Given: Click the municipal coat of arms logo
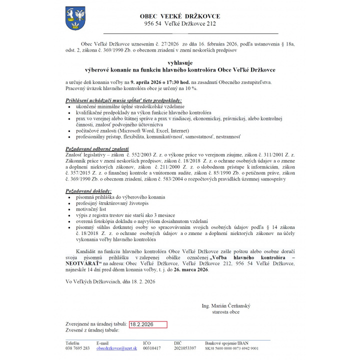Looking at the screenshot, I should click(x=75, y=18).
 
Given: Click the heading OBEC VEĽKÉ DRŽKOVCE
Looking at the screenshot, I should click(x=180, y=16).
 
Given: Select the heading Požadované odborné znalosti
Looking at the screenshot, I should click(x=97, y=149).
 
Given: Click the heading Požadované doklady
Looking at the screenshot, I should click(x=89, y=192).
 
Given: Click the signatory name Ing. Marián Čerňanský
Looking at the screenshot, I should click(x=225, y=305).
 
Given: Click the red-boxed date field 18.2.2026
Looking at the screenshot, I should click(x=147, y=324).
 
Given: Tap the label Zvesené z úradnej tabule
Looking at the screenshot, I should click(x=92, y=331).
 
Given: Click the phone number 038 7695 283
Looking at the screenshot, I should click(x=78, y=348).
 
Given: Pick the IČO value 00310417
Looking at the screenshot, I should click(x=152, y=348).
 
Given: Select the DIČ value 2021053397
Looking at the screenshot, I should click(x=185, y=348).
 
